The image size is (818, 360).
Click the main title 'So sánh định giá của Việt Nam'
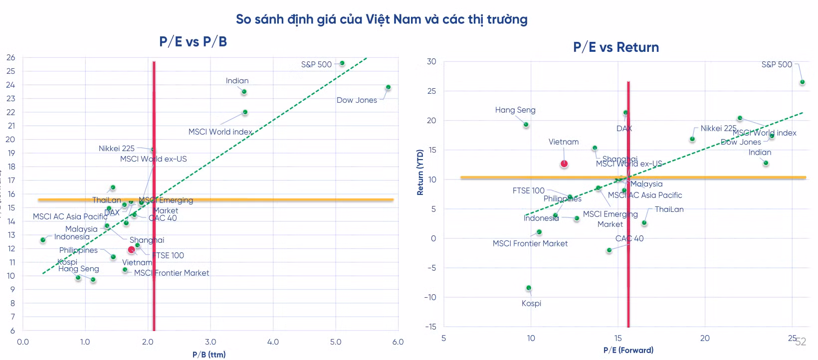click(381, 19)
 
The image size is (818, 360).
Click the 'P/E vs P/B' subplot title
click(193, 41)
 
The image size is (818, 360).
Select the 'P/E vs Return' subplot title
click(615, 47)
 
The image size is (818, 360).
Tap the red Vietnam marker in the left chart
click(132, 250)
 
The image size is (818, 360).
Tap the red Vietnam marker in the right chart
click(564, 164)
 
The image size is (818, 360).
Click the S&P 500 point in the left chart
click(342, 63)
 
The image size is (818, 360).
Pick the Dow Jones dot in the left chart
click(388, 87)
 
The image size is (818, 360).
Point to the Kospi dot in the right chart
click(529, 288)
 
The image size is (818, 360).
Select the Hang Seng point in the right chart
click(526, 125)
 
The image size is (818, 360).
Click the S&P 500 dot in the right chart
click(802, 82)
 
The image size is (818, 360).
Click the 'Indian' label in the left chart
click(237, 81)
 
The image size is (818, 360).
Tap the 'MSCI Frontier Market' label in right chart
click(530, 244)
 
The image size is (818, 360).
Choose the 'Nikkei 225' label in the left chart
click(116, 149)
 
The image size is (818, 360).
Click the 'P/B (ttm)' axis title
click(209, 355)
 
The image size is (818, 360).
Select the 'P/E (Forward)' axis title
click(628, 350)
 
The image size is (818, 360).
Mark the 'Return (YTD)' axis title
click(420, 172)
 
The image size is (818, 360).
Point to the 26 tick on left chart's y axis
click(10, 58)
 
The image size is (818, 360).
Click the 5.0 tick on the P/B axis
click(335, 342)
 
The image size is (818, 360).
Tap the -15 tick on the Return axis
click(430, 327)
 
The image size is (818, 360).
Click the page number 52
click(801, 342)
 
